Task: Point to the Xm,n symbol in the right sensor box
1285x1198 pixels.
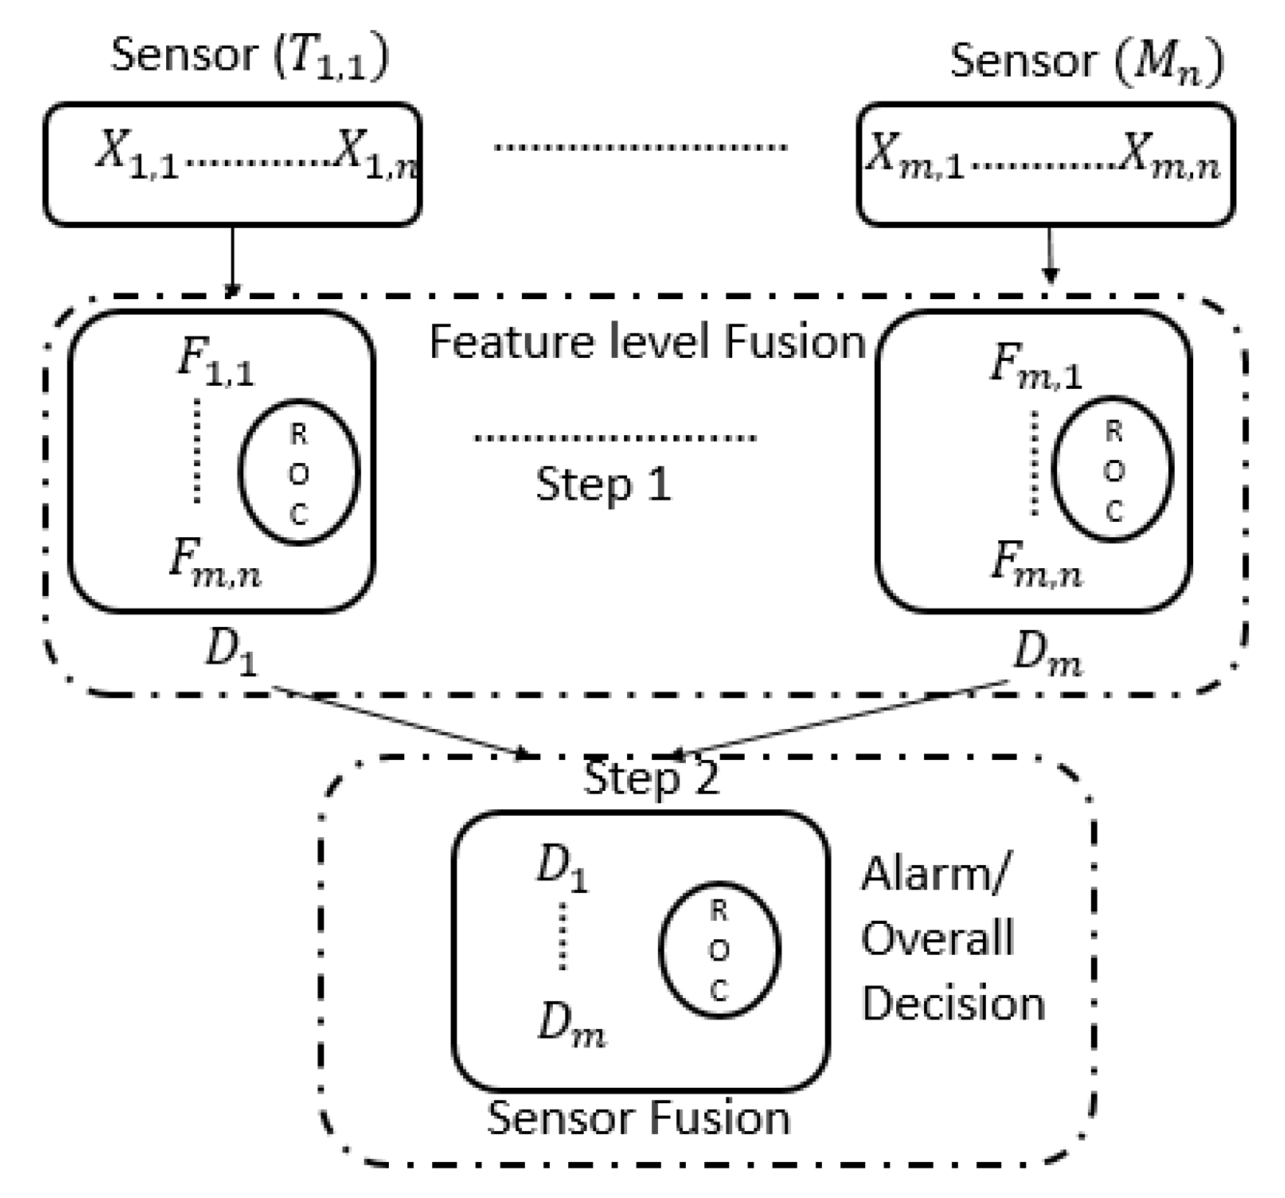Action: coord(1169,159)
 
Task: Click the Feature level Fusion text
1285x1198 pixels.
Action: coord(647,342)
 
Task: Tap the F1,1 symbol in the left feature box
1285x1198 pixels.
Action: coord(215,364)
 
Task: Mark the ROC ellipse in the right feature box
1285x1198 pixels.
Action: coord(1112,470)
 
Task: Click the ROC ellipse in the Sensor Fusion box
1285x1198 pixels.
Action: coord(719,950)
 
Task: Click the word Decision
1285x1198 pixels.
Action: coord(953,1003)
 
